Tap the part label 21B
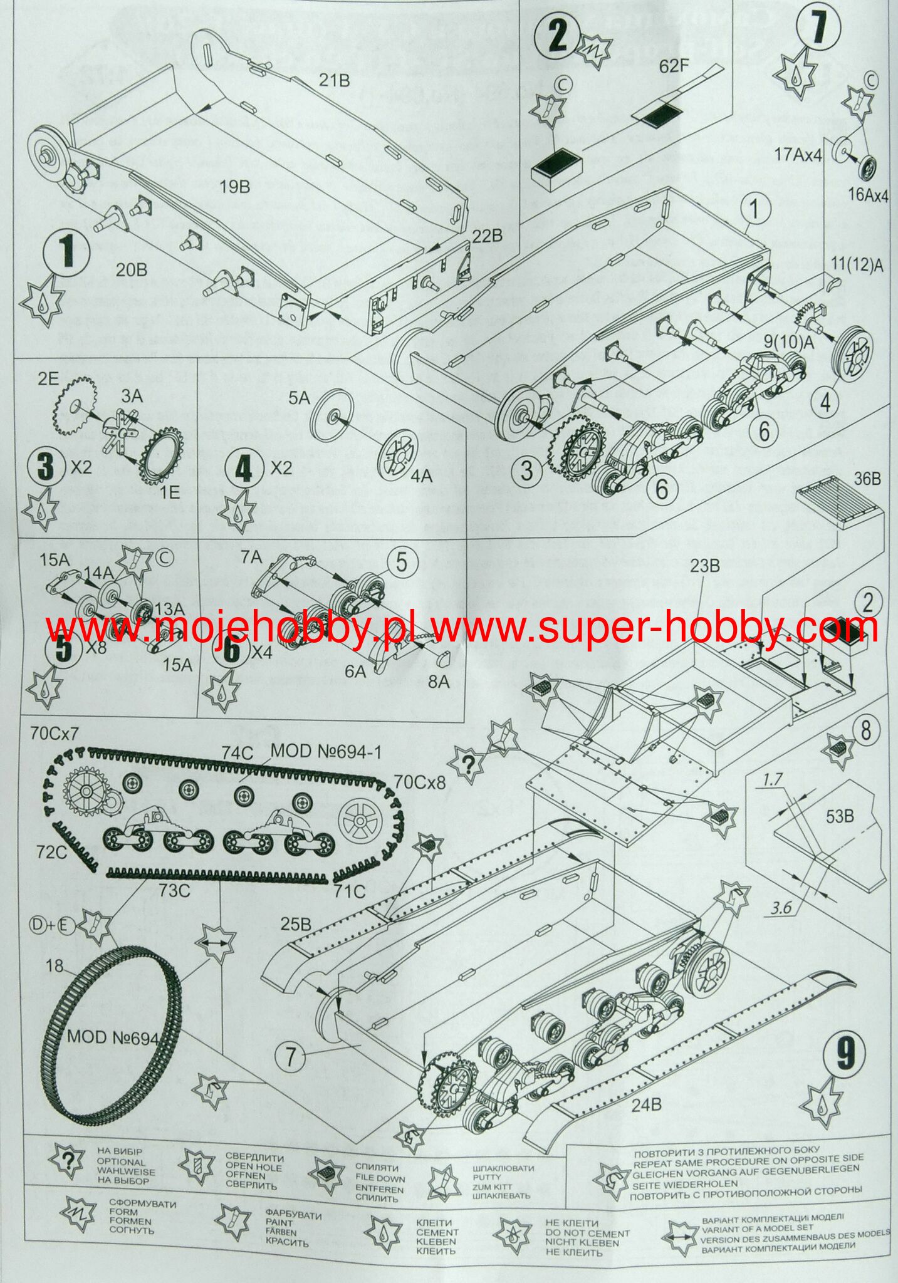click(335, 80)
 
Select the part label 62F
click(674, 66)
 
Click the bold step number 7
click(818, 26)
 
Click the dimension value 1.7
click(773, 779)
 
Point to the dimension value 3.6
click(782, 907)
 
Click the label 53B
click(840, 817)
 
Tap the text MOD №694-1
click(325, 751)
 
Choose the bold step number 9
click(845, 1051)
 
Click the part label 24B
click(645, 1105)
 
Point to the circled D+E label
click(55, 925)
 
